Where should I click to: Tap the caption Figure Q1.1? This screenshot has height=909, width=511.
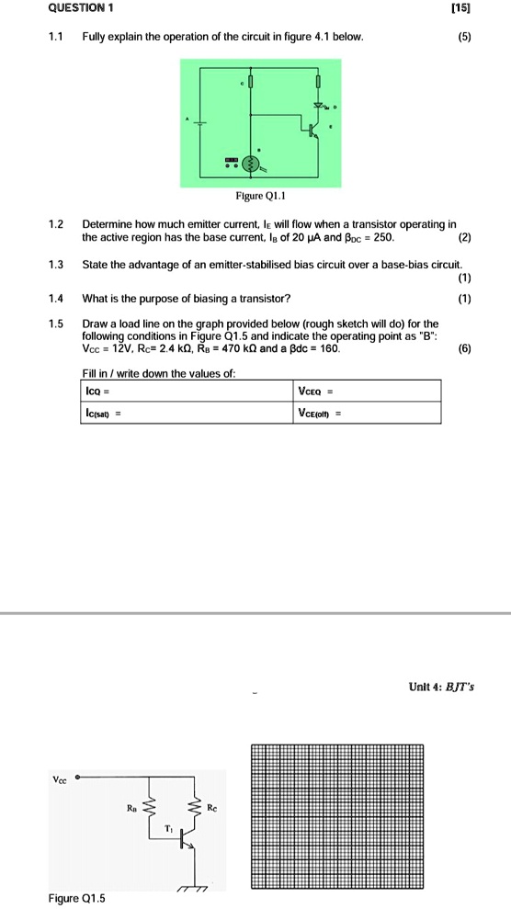(x=262, y=196)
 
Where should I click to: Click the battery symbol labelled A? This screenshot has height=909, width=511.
(x=200, y=122)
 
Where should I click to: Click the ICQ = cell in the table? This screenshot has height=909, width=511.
(x=184, y=391)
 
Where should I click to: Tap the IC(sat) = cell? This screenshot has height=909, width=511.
(x=184, y=413)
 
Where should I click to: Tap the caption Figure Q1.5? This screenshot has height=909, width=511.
(x=77, y=897)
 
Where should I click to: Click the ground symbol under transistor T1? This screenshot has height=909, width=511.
(x=193, y=887)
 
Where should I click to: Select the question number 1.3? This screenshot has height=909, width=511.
(x=57, y=265)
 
